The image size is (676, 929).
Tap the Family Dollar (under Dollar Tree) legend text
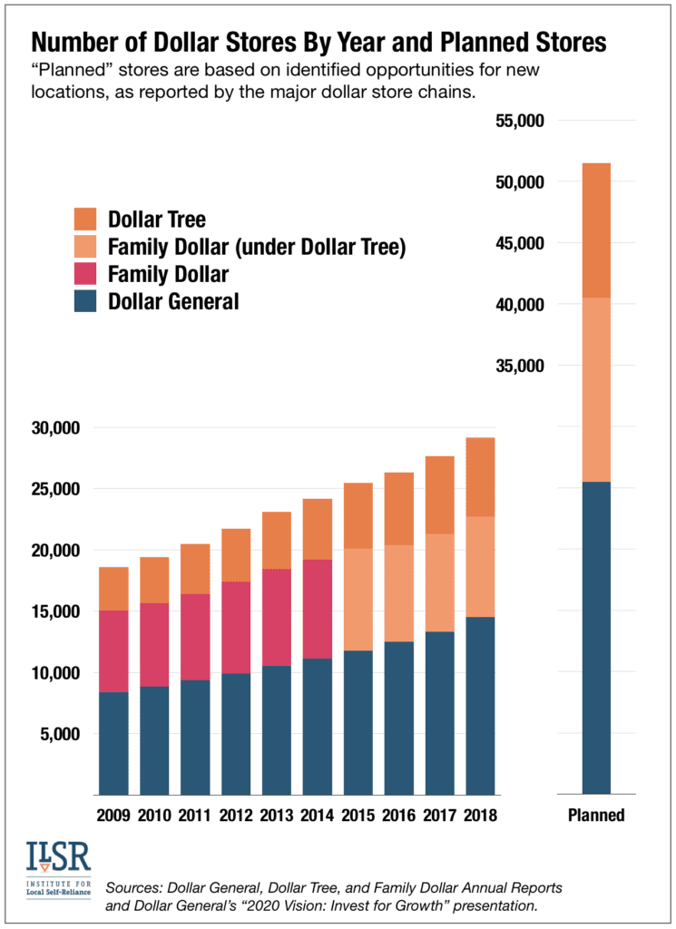(256, 246)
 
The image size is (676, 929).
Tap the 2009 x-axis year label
(113, 815)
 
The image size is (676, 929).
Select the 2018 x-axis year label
(480, 815)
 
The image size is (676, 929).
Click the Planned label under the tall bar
(596, 815)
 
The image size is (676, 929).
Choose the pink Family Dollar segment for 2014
(317, 609)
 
